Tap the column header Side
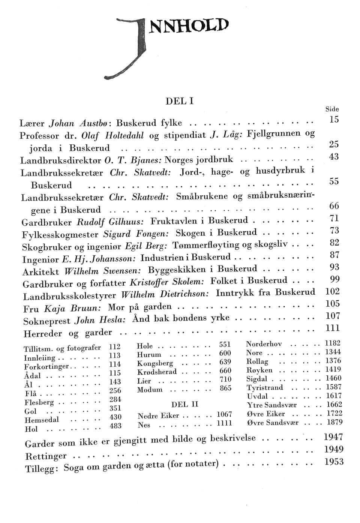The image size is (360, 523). [x=332, y=109]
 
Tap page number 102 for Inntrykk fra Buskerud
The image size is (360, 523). [x=332, y=291]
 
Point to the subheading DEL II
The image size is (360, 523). [x=184, y=405]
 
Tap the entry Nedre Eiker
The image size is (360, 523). [x=158, y=416]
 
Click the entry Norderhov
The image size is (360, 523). [x=264, y=344]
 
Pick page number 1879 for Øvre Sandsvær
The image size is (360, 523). [x=334, y=422]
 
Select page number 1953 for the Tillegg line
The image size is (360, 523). [x=333, y=462]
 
